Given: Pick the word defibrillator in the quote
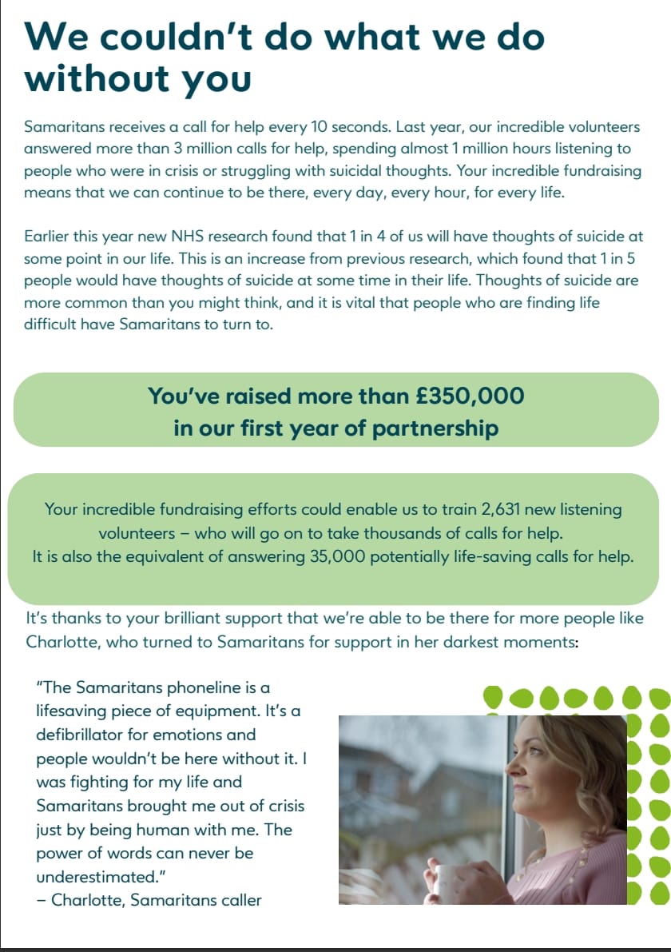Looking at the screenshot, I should [x=82, y=735].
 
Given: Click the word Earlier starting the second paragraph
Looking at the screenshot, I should [x=50, y=237].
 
